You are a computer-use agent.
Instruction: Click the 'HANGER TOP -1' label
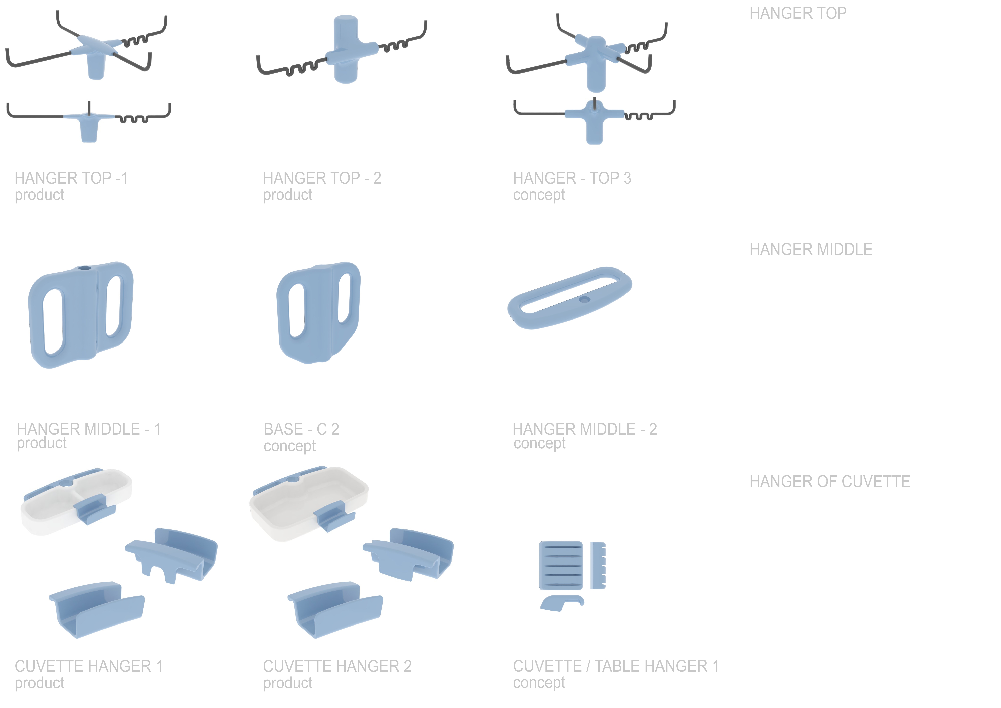coord(71,178)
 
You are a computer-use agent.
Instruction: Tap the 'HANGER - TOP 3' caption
coord(572,178)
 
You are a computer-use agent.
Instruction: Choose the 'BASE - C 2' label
coord(301,429)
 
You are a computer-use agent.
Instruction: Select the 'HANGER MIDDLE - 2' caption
coord(585,429)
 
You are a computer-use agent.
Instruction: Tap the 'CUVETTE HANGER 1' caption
coord(89,666)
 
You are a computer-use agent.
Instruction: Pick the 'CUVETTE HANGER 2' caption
coord(337,666)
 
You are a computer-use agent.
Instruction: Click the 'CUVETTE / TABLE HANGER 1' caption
coord(616,666)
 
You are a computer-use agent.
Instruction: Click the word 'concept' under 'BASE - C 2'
coord(289,446)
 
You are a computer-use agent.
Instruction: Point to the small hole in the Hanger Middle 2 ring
coord(584,300)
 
